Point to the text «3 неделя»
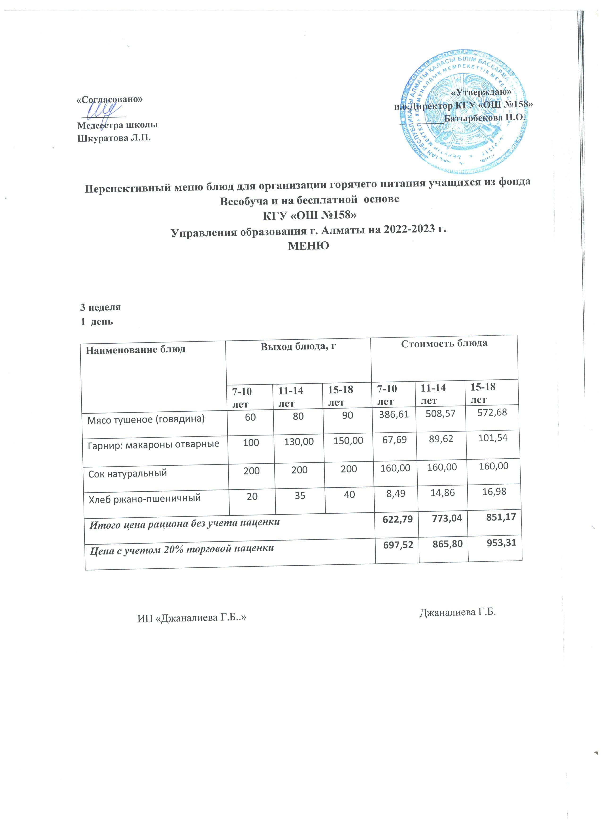coord(100,307)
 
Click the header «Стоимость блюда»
coord(444,343)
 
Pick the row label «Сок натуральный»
coord(127,473)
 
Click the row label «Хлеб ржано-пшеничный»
coord(144,498)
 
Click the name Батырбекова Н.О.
coord(484,118)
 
